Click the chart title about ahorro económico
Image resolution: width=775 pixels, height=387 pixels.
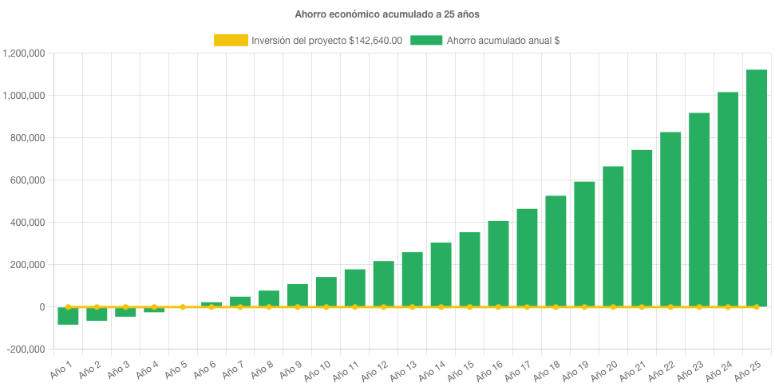tap(387, 14)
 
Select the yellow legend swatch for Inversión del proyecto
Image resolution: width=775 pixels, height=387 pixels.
tap(231, 40)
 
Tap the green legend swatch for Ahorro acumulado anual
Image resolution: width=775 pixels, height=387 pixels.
tap(426, 40)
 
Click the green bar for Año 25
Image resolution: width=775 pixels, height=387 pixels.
tap(756, 188)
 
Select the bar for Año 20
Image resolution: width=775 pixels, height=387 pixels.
tap(613, 236)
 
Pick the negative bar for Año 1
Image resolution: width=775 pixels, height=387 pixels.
tap(68, 316)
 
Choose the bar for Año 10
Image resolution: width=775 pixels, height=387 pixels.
tap(326, 292)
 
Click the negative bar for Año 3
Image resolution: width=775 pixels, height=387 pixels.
tap(125, 312)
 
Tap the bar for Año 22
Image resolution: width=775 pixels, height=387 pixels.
tap(670, 219)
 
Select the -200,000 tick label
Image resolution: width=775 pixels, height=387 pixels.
tap(25, 349)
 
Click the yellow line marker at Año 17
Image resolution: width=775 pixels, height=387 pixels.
tap(527, 306)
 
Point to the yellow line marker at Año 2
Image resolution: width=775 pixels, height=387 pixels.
tap(97, 306)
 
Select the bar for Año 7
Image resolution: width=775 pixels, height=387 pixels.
tap(240, 302)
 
